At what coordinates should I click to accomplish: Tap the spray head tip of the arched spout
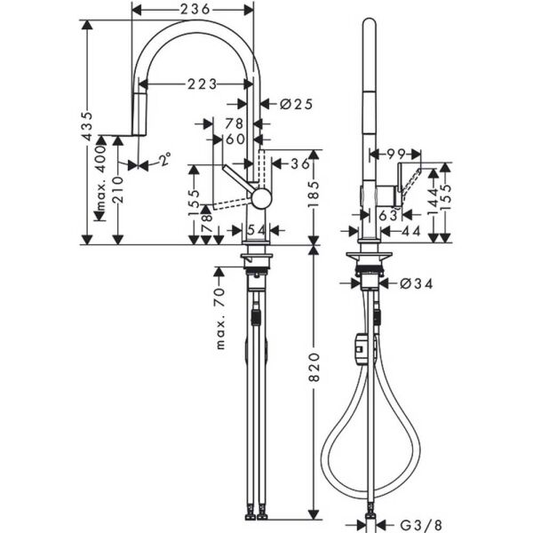139,115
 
